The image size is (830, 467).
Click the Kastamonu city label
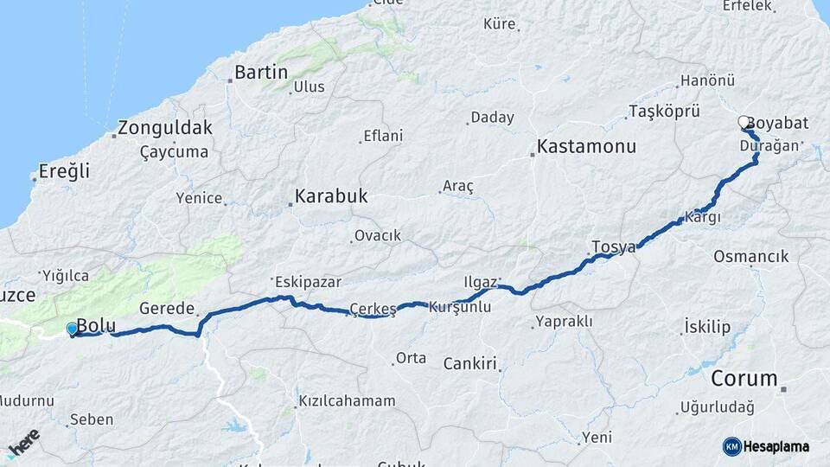[x=586, y=146]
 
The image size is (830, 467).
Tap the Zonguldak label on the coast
[x=164, y=128]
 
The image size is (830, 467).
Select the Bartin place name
[x=260, y=72]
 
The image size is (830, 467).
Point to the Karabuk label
[x=330, y=196]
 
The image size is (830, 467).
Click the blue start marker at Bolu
[x=72, y=329]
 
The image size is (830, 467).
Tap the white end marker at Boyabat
[x=744, y=123]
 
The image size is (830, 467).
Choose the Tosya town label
[x=614, y=247]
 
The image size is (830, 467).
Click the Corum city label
[x=744, y=378]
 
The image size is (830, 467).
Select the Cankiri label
[x=469, y=363]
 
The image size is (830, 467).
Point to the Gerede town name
[x=166, y=308]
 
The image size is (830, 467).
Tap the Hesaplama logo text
[x=776, y=446]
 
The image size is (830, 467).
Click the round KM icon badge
[x=732, y=446]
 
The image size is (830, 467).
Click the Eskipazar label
[x=308, y=281]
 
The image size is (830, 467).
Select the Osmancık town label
[x=750, y=256]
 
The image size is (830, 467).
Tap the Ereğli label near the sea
[x=66, y=171]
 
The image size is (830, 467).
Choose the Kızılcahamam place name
[x=347, y=400]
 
